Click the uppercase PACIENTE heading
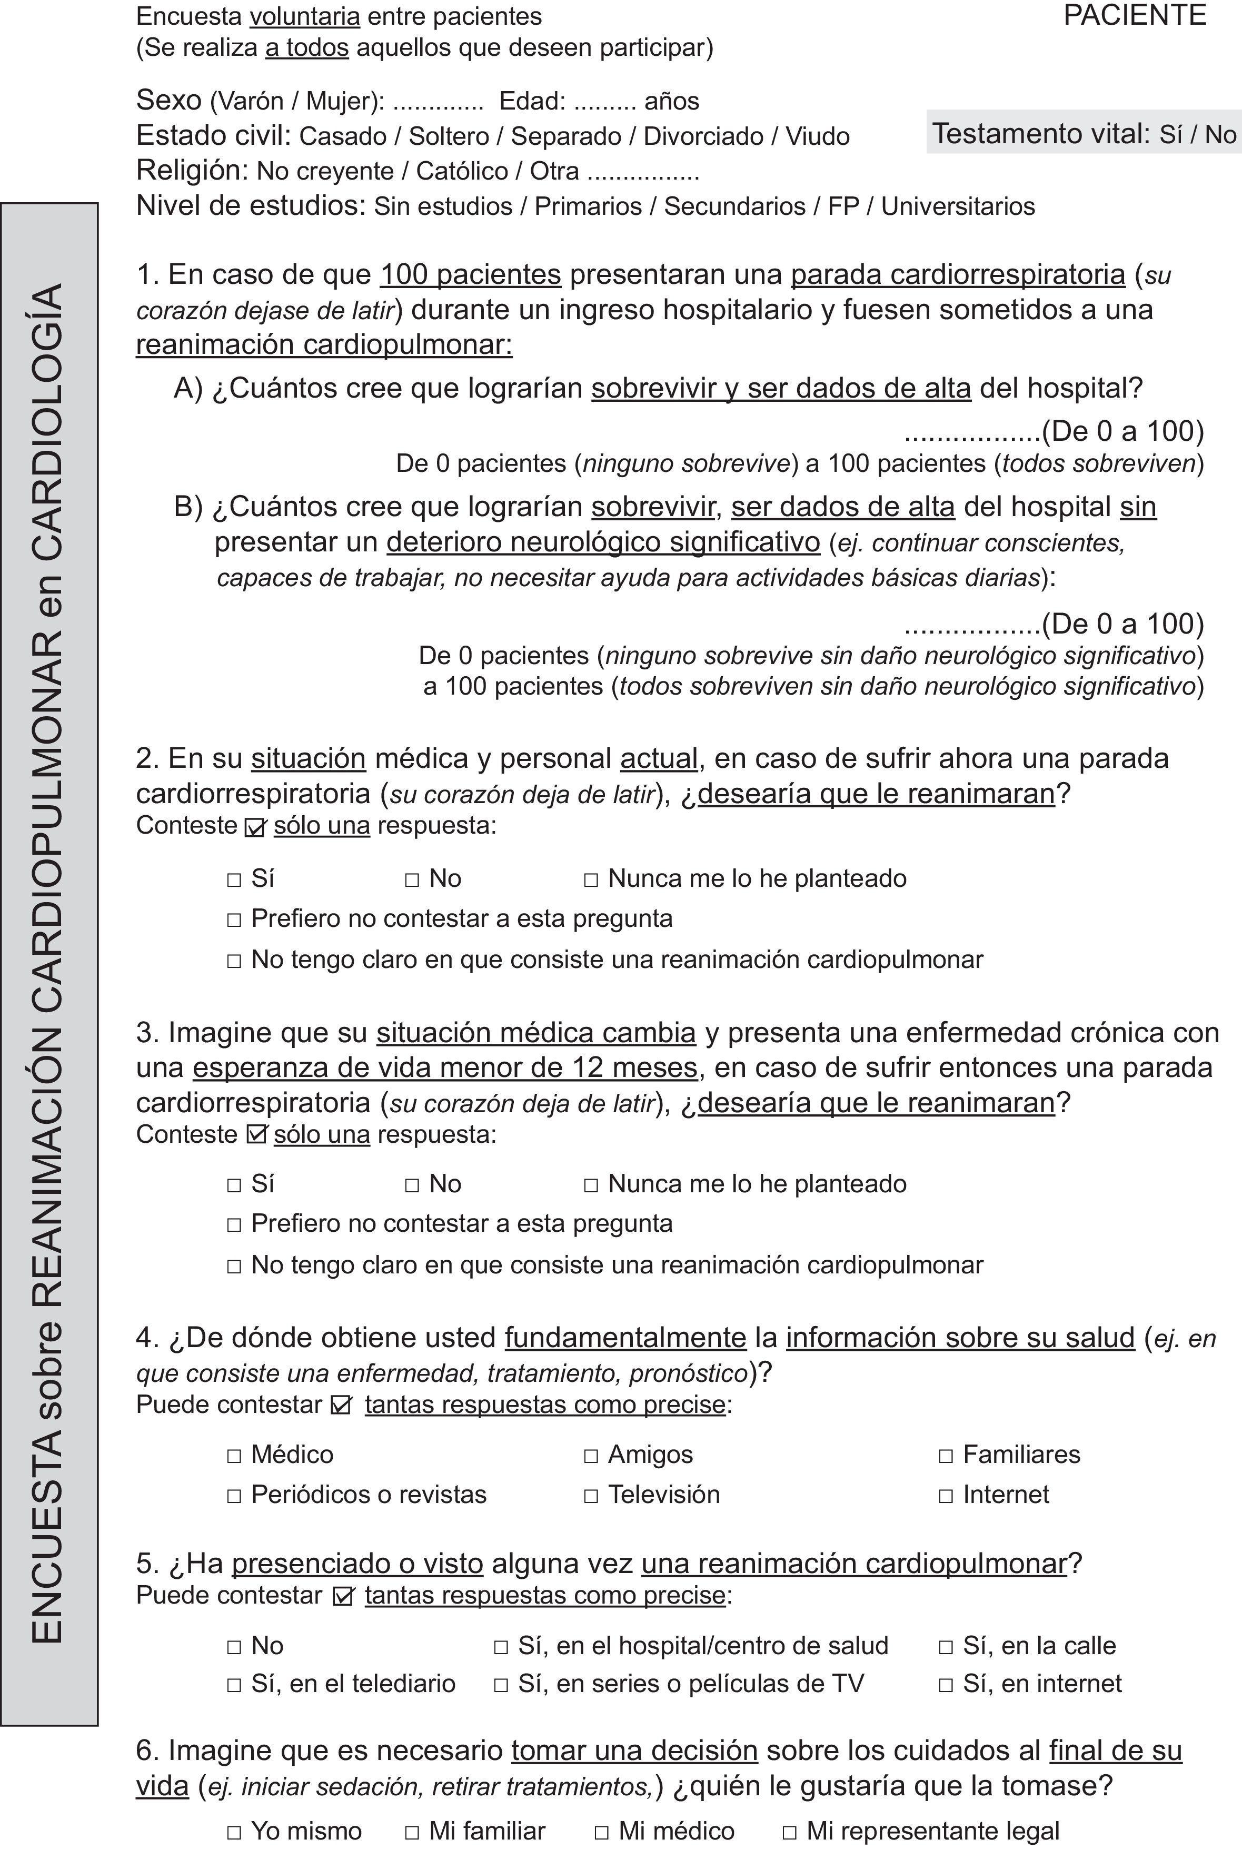[1134, 16]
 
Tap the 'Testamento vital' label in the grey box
[1040, 133]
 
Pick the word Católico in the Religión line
[462, 171]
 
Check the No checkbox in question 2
[412, 879]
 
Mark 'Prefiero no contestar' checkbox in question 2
[234, 919]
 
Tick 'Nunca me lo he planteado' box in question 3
[590, 1185]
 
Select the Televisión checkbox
[590, 1496]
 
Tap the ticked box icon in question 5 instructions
[343, 1596]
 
